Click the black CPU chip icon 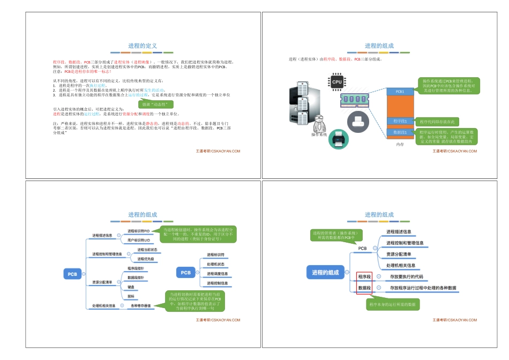point(336,82)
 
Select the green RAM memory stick point(354,100)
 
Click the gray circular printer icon point(357,121)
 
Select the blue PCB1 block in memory point(400,92)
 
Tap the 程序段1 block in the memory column point(400,122)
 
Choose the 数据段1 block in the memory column point(400,132)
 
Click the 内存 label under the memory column point(400,145)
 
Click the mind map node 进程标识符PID point(139,230)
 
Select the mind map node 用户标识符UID point(139,241)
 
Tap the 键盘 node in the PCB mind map point(131,287)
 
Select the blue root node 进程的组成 point(326,273)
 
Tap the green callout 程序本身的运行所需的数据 point(393,304)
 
